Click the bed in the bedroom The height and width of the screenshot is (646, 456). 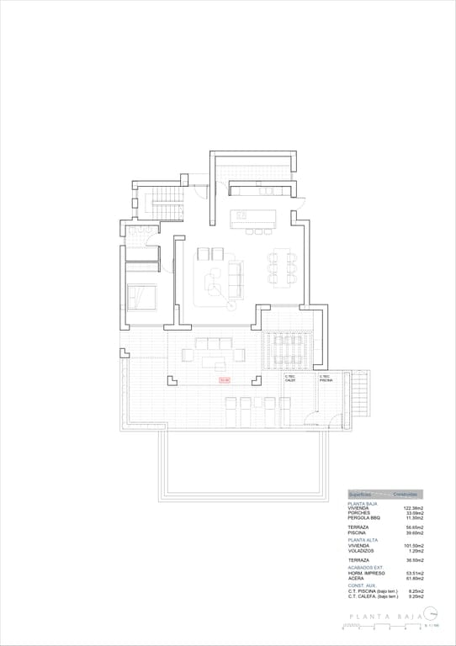(x=141, y=297)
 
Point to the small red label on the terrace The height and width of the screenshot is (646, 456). (x=224, y=380)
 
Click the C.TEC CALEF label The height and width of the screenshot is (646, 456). (x=290, y=378)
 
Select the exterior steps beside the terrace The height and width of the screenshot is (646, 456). (x=358, y=391)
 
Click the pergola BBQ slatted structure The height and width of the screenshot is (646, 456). (x=288, y=350)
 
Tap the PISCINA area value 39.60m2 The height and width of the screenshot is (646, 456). (x=413, y=532)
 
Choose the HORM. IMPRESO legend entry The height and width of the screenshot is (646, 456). (x=366, y=574)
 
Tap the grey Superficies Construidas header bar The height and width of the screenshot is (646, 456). (x=384, y=495)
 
